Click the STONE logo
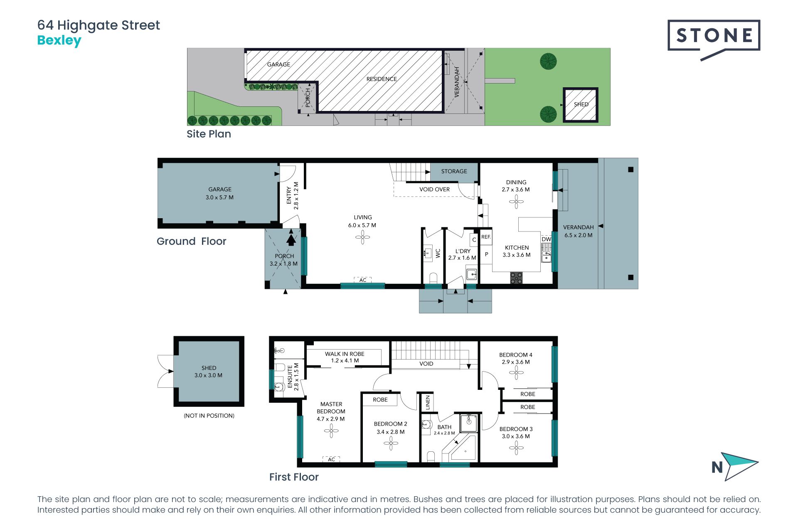(714, 40)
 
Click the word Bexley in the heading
(59, 41)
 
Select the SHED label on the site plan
(581, 104)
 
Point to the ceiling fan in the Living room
(362, 237)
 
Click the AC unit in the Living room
(363, 280)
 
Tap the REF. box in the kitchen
(486, 237)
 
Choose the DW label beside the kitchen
(546, 239)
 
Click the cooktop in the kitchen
(516, 278)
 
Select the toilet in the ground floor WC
(433, 278)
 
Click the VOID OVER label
(434, 190)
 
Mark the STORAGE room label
(454, 171)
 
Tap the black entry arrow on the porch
(291, 240)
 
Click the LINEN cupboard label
(428, 402)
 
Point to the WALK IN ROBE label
(345, 354)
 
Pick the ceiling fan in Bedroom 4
(516, 372)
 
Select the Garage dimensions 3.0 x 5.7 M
(219, 197)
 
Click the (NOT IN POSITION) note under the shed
(209, 416)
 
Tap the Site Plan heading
(209, 134)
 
